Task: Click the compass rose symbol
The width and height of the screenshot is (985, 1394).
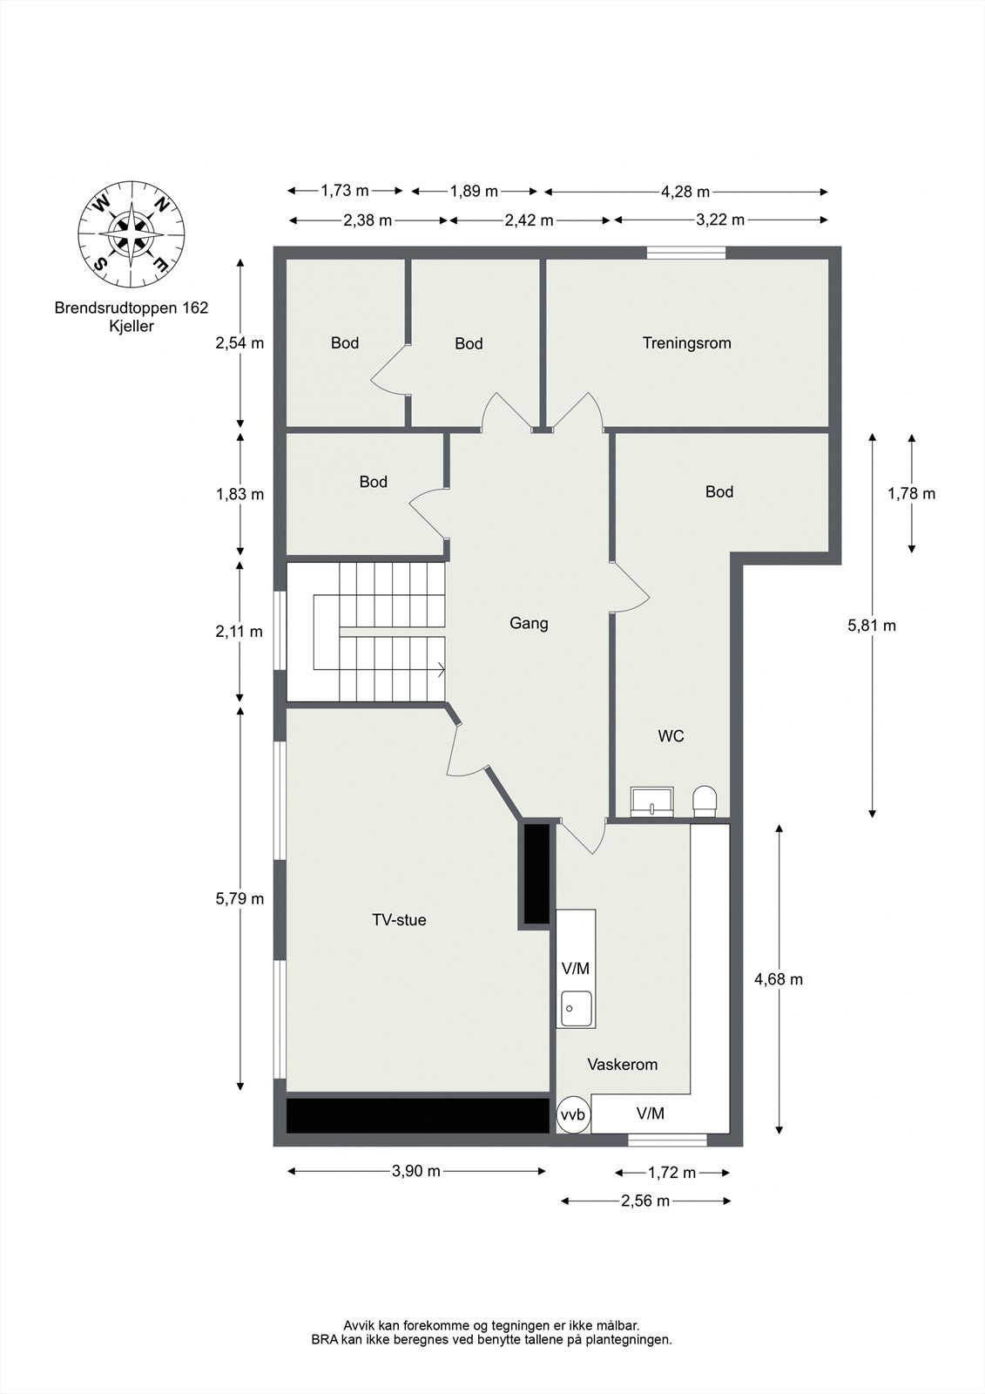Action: pyautogui.click(x=131, y=233)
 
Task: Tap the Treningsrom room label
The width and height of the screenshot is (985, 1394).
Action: pyautogui.click(x=686, y=343)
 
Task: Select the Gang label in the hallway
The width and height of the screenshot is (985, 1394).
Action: pyautogui.click(x=529, y=624)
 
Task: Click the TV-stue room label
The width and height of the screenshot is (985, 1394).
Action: pyautogui.click(x=399, y=920)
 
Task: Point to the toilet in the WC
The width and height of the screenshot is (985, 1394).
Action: pyautogui.click(x=705, y=801)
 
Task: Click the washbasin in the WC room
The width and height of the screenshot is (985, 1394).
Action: pyautogui.click(x=651, y=801)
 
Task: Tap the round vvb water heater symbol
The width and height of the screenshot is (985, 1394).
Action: pyautogui.click(x=572, y=1114)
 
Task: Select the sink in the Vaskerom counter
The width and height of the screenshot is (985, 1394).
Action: pyautogui.click(x=576, y=1009)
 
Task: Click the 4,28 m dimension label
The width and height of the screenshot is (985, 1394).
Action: pyautogui.click(x=685, y=192)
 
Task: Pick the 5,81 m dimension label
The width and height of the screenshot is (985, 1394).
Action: pyautogui.click(x=871, y=626)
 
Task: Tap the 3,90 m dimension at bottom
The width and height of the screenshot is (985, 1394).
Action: pyautogui.click(x=416, y=1171)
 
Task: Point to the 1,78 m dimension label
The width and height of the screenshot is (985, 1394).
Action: pyautogui.click(x=911, y=494)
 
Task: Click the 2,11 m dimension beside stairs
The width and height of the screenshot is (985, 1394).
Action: pyautogui.click(x=239, y=632)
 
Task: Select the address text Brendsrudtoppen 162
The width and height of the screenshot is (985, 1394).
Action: pyautogui.click(x=131, y=308)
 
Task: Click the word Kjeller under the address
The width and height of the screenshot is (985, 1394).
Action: pyautogui.click(x=131, y=326)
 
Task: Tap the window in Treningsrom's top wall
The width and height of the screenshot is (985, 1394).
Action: pyautogui.click(x=685, y=253)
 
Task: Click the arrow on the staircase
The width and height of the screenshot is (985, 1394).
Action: pyautogui.click(x=442, y=670)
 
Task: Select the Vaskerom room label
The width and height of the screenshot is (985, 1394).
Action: pyautogui.click(x=622, y=1065)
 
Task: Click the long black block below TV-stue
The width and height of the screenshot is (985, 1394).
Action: pyautogui.click(x=417, y=1115)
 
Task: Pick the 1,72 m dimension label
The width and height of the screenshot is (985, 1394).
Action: pyautogui.click(x=671, y=1173)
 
